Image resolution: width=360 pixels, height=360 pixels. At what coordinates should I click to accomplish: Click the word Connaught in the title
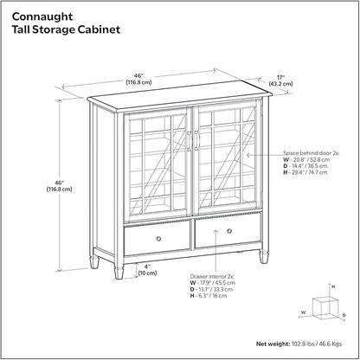[x=42, y=16]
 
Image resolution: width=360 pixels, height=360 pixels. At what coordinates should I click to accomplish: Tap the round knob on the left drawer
[x=158, y=239]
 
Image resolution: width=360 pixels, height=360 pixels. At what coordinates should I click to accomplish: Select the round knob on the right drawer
[x=229, y=231]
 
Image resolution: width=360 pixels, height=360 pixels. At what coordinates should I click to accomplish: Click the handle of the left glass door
[x=189, y=141]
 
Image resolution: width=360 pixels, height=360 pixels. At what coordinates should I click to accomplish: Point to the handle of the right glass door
[x=196, y=140]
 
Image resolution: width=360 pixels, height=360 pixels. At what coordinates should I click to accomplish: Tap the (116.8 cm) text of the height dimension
[x=60, y=190]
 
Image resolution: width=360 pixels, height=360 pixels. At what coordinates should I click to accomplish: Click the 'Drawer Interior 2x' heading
[x=212, y=276]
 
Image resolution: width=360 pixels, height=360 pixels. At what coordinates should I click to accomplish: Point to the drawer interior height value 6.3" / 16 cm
[x=212, y=296]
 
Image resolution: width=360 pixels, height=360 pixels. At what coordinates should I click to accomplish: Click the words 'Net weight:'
[x=273, y=344]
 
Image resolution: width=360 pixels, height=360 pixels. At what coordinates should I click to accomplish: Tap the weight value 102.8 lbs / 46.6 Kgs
[x=317, y=344]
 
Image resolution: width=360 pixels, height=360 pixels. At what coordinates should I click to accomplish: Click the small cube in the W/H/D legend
[x=325, y=308]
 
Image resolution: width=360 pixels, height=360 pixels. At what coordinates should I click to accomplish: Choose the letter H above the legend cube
[x=333, y=286]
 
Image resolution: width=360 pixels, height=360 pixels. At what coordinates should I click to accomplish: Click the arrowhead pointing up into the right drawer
[x=215, y=231]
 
